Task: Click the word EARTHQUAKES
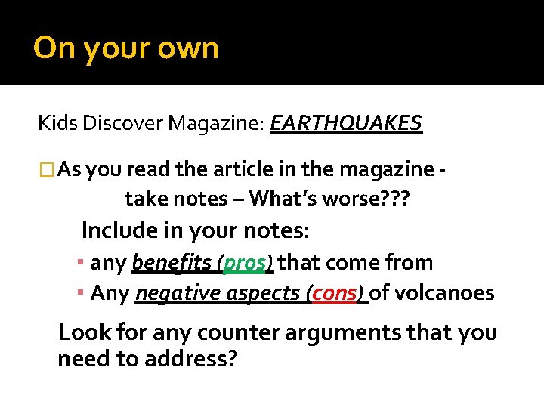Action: [346, 123]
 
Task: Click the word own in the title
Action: [189, 48]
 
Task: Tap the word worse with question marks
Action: [373, 199]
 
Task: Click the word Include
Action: [121, 229]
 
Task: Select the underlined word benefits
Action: [172, 263]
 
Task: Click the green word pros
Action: [244, 263]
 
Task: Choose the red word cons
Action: [333, 293]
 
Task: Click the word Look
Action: [83, 332]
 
